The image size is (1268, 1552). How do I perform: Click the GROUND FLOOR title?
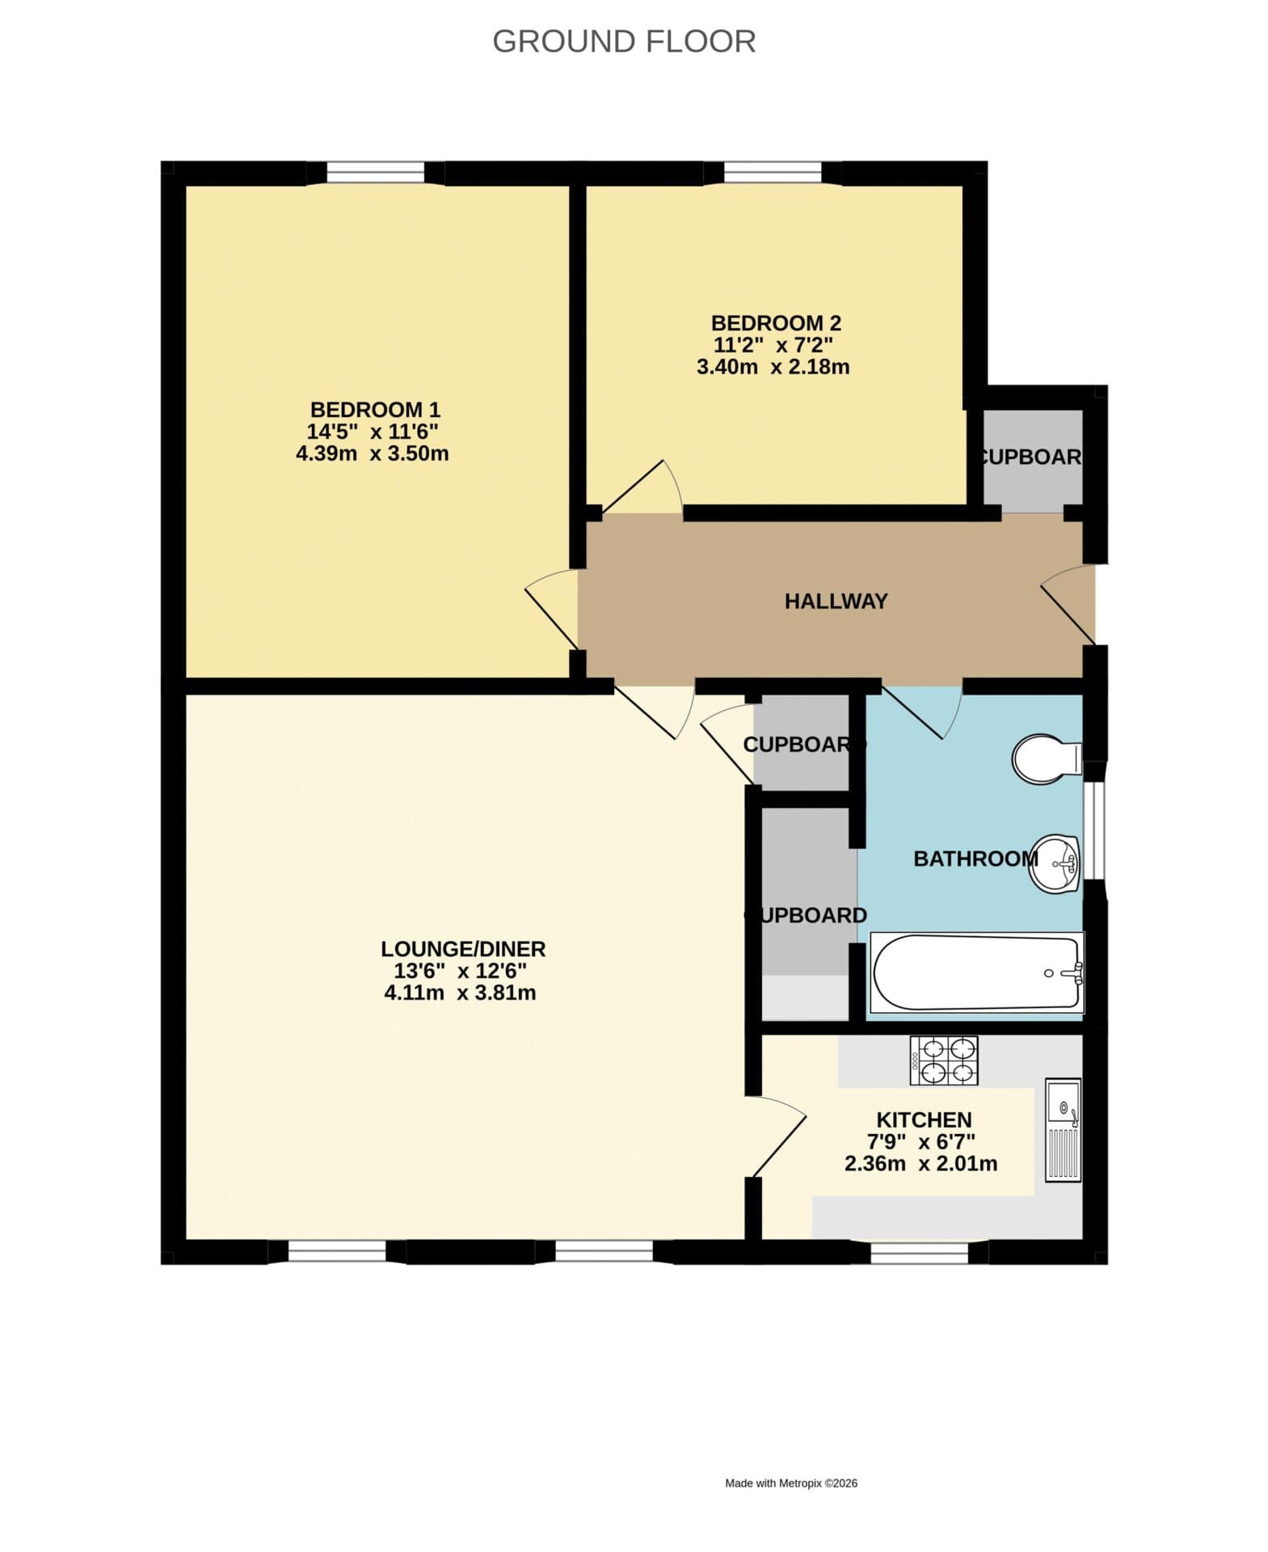(x=623, y=40)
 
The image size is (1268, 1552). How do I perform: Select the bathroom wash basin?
(x=1056, y=863)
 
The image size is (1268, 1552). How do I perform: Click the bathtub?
(x=976, y=972)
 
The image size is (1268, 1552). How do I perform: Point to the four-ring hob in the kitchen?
(x=943, y=1061)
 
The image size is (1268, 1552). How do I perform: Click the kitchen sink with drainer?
(x=1063, y=1129)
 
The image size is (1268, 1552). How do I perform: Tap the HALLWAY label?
(x=836, y=601)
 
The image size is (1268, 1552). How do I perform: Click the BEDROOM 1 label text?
(x=375, y=410)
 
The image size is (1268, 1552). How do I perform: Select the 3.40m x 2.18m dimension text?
(x=773, y=367)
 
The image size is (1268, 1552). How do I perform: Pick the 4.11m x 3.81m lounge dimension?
(x=460, y=993)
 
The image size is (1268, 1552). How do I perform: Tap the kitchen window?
(x=919, y=1252)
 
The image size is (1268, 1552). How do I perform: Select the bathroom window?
(x=1093, y=830)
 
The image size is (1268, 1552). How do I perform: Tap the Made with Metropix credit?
(x=790, y=1483)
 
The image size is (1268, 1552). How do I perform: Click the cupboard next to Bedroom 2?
(x=1031, y=458)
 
